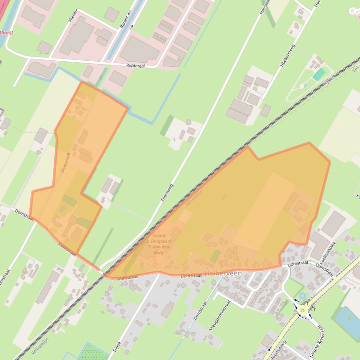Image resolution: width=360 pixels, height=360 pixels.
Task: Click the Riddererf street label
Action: click(x=138, y=66)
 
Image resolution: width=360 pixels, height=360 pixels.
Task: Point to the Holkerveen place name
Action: click(x=223, y=273)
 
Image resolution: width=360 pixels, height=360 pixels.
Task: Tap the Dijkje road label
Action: click(x=117, y=346)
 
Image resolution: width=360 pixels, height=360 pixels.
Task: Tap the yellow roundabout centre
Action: click(x=303, y=310)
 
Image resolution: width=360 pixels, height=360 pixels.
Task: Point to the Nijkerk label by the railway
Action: click(x=329, y=79)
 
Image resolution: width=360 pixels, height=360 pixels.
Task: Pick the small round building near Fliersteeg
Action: click(x=188, y=122)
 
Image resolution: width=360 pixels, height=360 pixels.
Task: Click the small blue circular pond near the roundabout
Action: click(x=302, y=295)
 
